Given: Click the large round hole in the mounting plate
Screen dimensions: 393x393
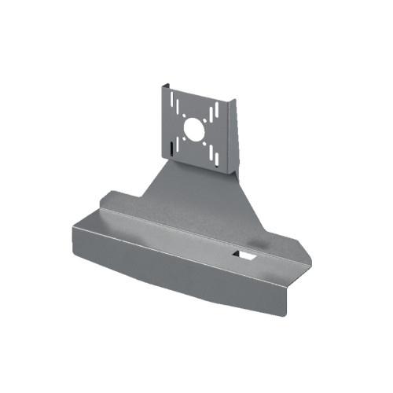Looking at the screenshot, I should click(x=194, y=130).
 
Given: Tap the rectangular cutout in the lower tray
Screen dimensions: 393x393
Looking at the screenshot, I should click(x=245, y=255).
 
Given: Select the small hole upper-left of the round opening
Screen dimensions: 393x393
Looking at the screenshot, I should click(x=184, y=116).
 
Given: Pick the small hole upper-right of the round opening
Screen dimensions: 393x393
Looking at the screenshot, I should click(x=204, y=120).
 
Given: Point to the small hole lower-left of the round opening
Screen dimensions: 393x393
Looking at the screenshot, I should click(x=184, y=138).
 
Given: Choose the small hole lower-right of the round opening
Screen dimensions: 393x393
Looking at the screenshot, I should click(x=204, y=144).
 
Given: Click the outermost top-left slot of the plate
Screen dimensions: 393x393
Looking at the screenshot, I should click(x=172, y=99).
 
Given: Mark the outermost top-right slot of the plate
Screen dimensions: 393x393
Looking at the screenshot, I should click(x=217, y=110).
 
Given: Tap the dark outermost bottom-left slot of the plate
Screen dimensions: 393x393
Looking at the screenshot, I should click(x=171, y=149).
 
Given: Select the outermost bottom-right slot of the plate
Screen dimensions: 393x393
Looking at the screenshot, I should click(x=217, y=160).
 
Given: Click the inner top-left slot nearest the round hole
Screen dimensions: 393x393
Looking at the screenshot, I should click(x=178, y=107).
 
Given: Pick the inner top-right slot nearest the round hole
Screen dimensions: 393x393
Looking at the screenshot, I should click(x=211, y=115).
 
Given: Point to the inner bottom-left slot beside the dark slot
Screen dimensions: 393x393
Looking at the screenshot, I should click(x=178, y=145).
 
